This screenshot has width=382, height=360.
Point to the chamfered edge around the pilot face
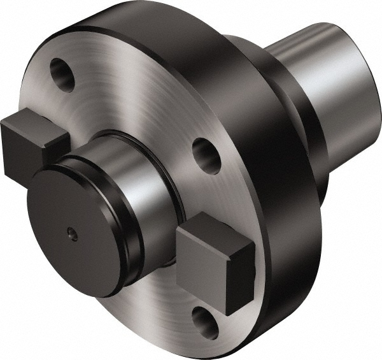coord(38,191)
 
